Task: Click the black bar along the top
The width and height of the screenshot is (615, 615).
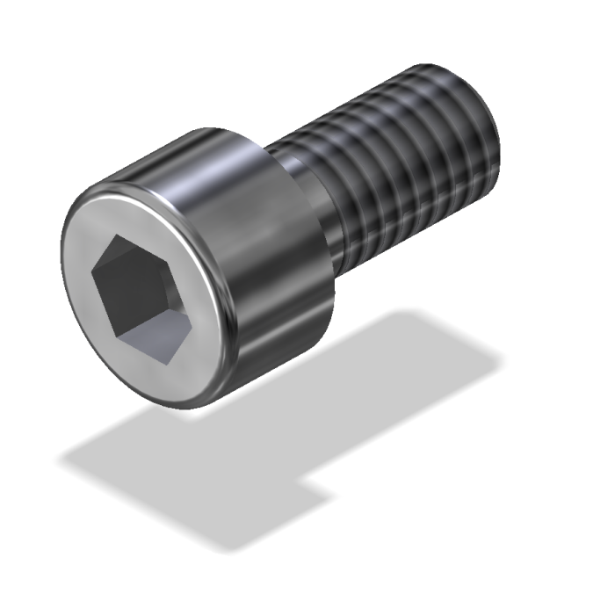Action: point(307,26)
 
